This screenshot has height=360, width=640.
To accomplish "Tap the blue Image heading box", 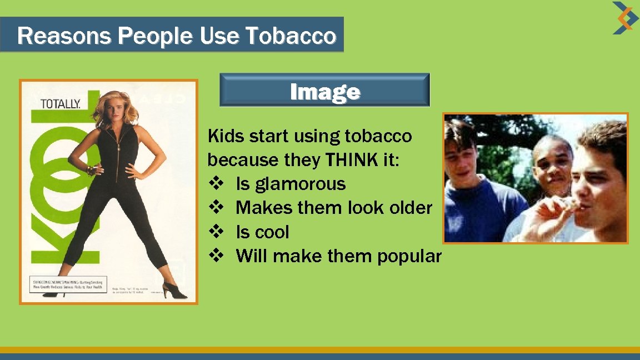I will point(324,91).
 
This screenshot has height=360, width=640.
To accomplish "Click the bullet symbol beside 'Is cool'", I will point(216,232).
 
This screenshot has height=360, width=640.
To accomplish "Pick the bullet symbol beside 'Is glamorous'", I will point(216,184).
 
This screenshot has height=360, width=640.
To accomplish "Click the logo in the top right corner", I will point(625,18).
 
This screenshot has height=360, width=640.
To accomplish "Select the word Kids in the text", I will point(224,136).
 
